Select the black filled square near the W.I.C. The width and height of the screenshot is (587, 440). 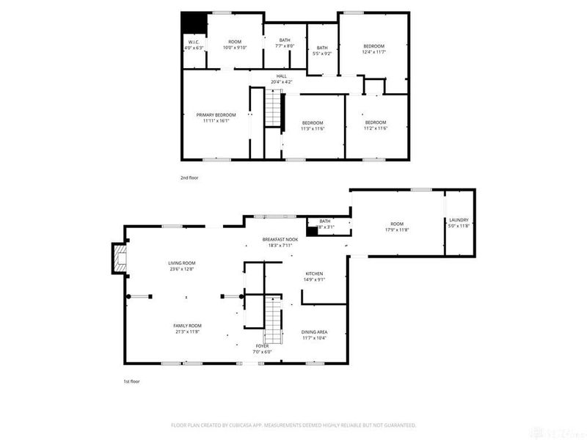point(194,23)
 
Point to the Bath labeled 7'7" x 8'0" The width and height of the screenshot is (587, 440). point(284,43)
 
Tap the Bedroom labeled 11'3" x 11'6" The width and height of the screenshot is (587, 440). point(313,125)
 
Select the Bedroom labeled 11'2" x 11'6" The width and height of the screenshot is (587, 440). point(375,125)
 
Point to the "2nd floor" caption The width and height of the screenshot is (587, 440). point(189,177)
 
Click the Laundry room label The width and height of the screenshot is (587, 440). point(459,223)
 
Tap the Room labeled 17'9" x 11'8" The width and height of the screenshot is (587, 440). point(397,227)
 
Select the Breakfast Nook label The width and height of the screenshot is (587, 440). point(280,243)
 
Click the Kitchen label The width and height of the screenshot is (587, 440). point(314,276)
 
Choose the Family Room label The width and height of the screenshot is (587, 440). point(187,329)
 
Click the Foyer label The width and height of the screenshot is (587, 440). point(262,348)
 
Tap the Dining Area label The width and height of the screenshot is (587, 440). point(314,334)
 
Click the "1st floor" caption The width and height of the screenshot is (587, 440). point(131,382)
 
